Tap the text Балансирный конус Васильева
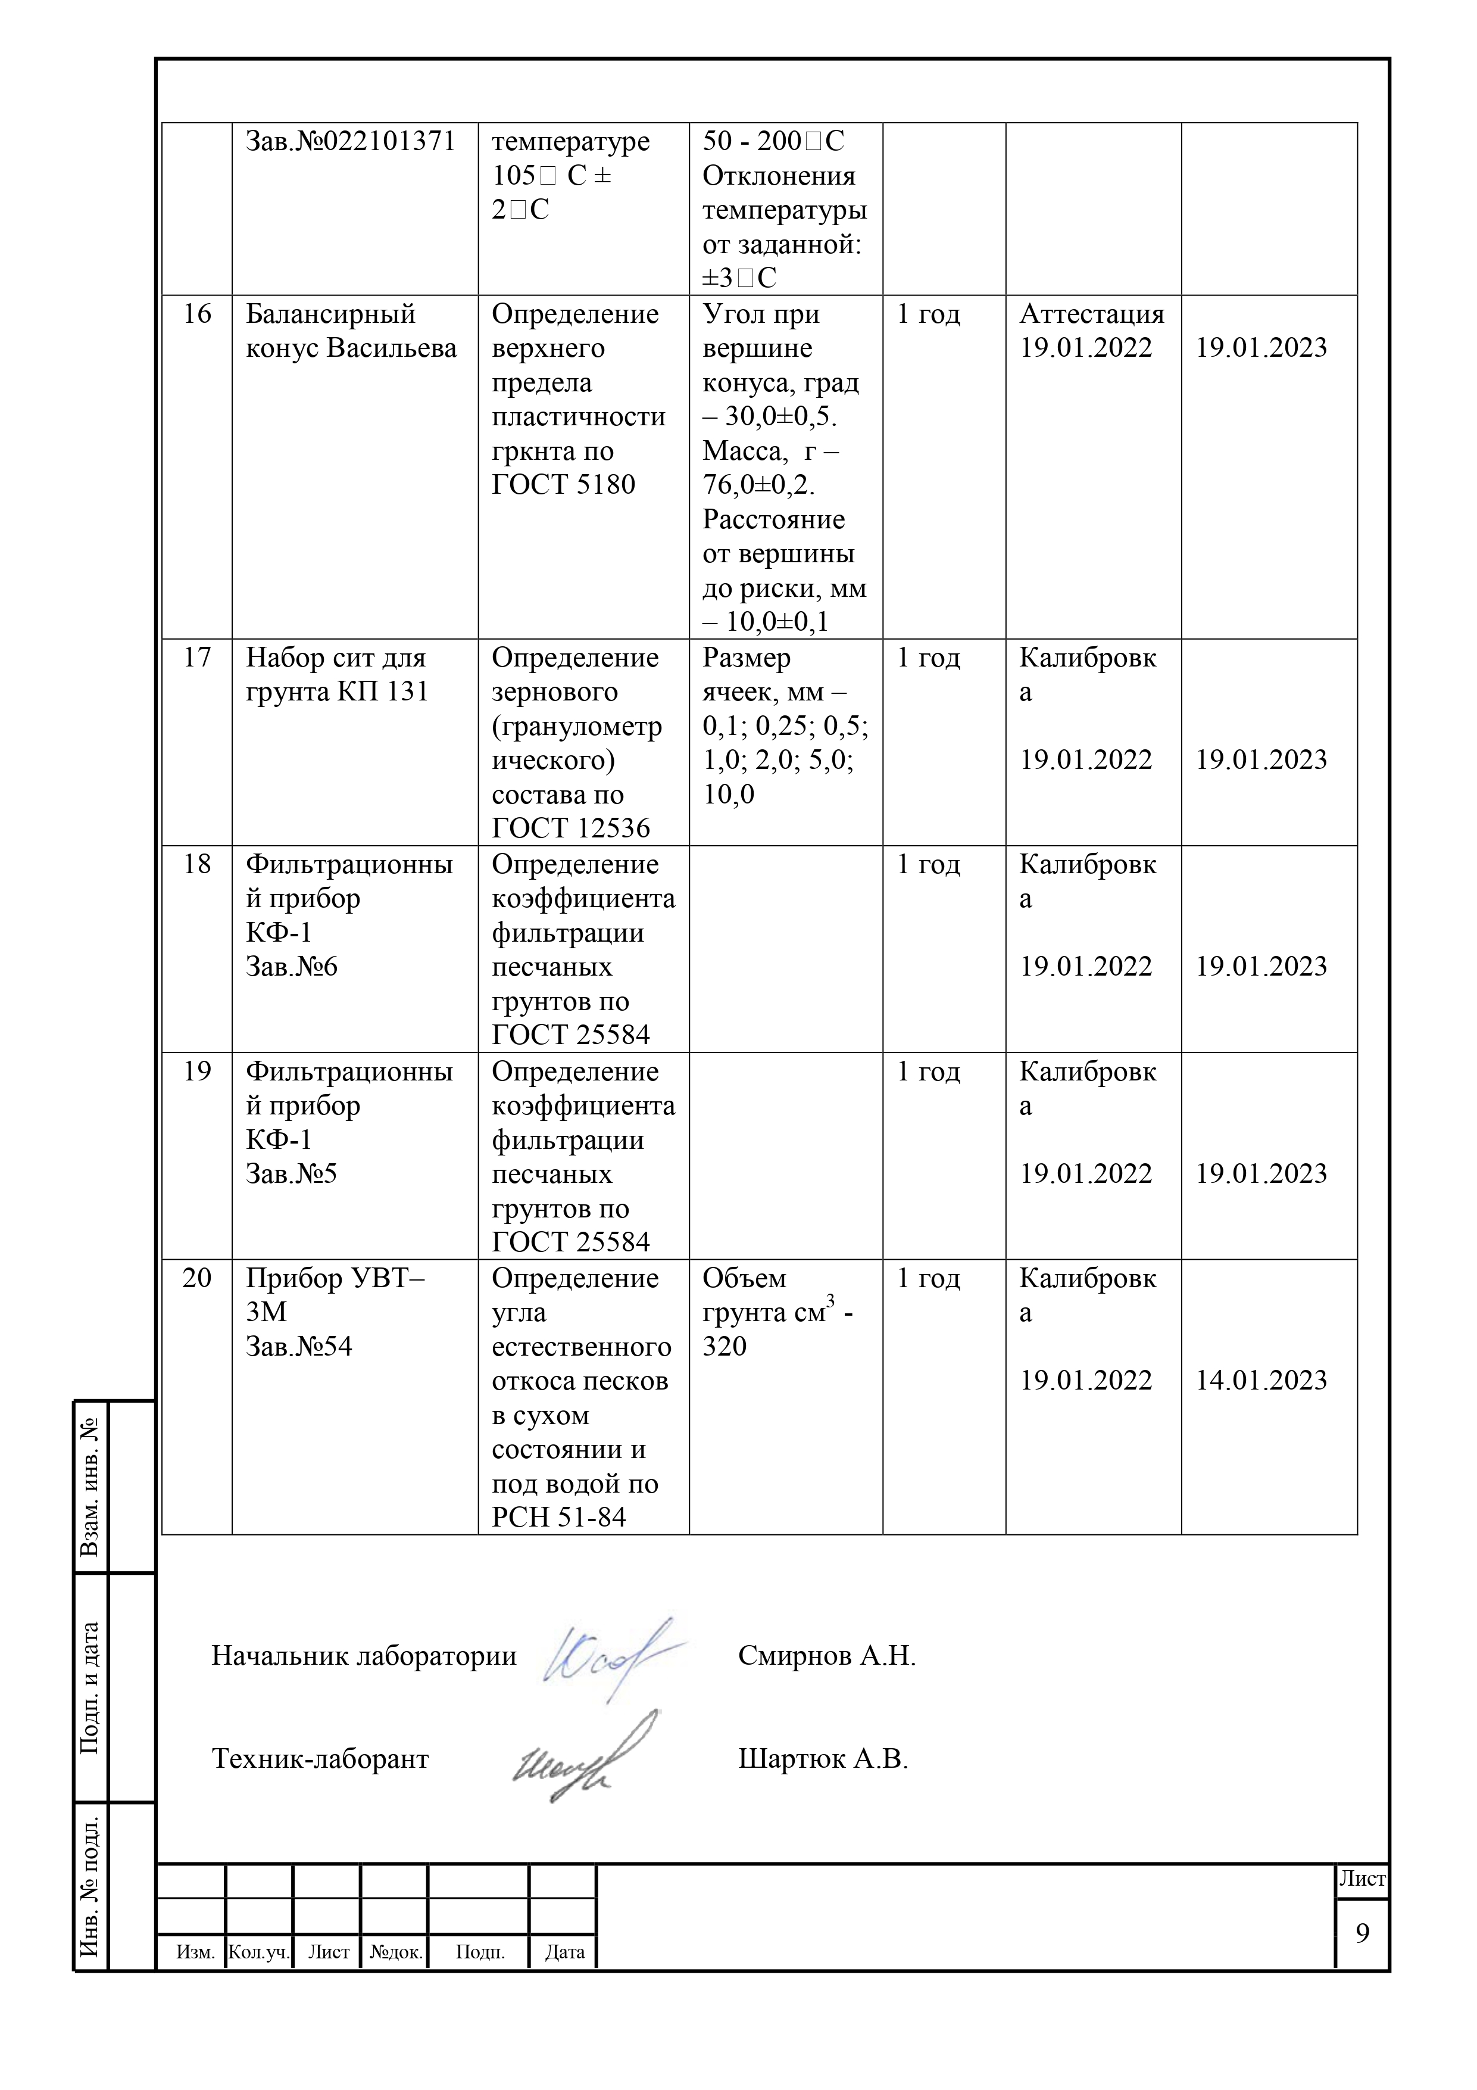point(351,331)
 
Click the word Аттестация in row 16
point(1091,314)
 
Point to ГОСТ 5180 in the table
point(563,484)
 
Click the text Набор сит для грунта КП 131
point(337,674)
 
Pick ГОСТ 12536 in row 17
point(570,828)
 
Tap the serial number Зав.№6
point(291,967)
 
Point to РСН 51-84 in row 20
point(559,1518)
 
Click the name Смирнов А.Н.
point(826,1656)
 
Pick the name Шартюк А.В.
point(823,1759)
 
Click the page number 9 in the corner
point(1362,1933)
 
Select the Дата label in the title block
point(564,1952)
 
